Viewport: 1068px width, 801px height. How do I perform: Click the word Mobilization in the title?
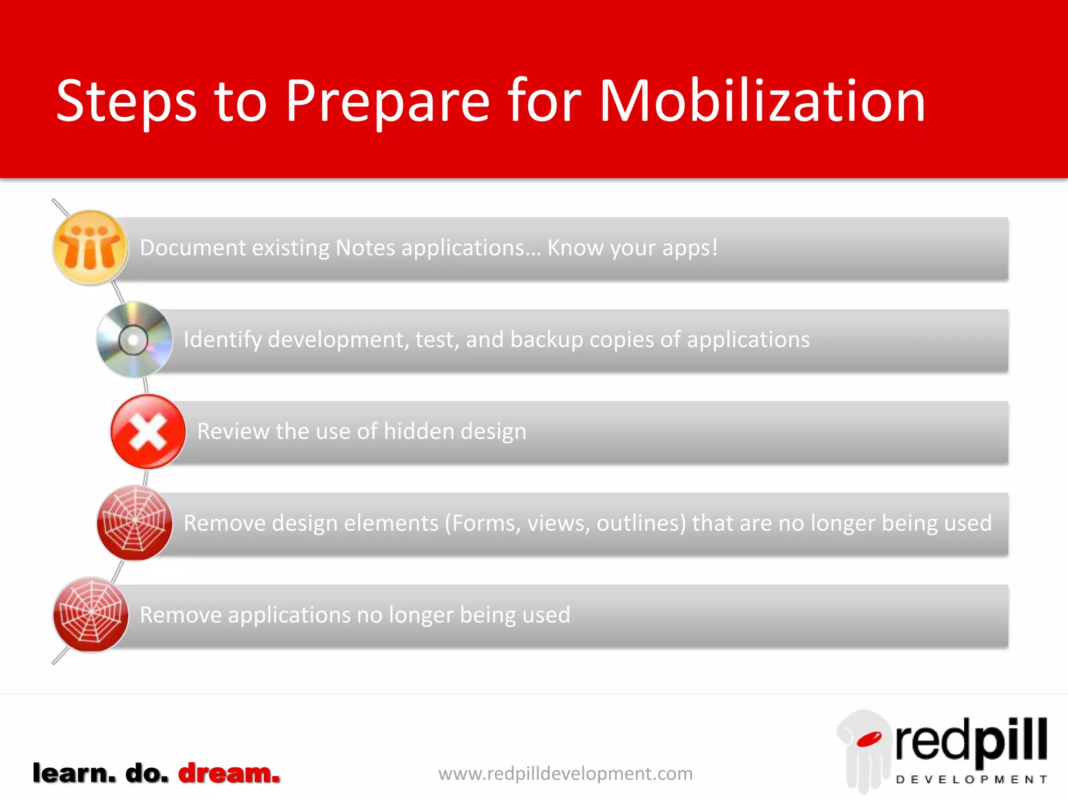coord(762,102)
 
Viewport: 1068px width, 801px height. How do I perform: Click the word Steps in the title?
coord(126,102)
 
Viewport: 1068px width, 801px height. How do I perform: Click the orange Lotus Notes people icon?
coord(90,248)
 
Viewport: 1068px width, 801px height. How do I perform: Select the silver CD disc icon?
coord(134,339)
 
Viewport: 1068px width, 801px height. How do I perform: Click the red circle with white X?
coord(148,432)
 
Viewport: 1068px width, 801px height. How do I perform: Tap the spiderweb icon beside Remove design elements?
coord(135,523)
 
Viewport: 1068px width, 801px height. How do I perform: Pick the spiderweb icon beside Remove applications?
coord(90,614)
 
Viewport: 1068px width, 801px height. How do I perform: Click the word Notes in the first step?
coord(366,248)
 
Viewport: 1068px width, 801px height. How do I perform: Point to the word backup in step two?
coord(546,340)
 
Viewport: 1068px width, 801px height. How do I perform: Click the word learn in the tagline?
coord(74,773)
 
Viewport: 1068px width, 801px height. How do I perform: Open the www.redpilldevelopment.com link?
coord(565,773)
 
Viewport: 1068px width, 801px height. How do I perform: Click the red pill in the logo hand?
coord(869,739)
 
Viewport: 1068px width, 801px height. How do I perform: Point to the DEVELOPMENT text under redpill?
coord(971,780)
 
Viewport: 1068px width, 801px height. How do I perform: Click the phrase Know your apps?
coord(632,248)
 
